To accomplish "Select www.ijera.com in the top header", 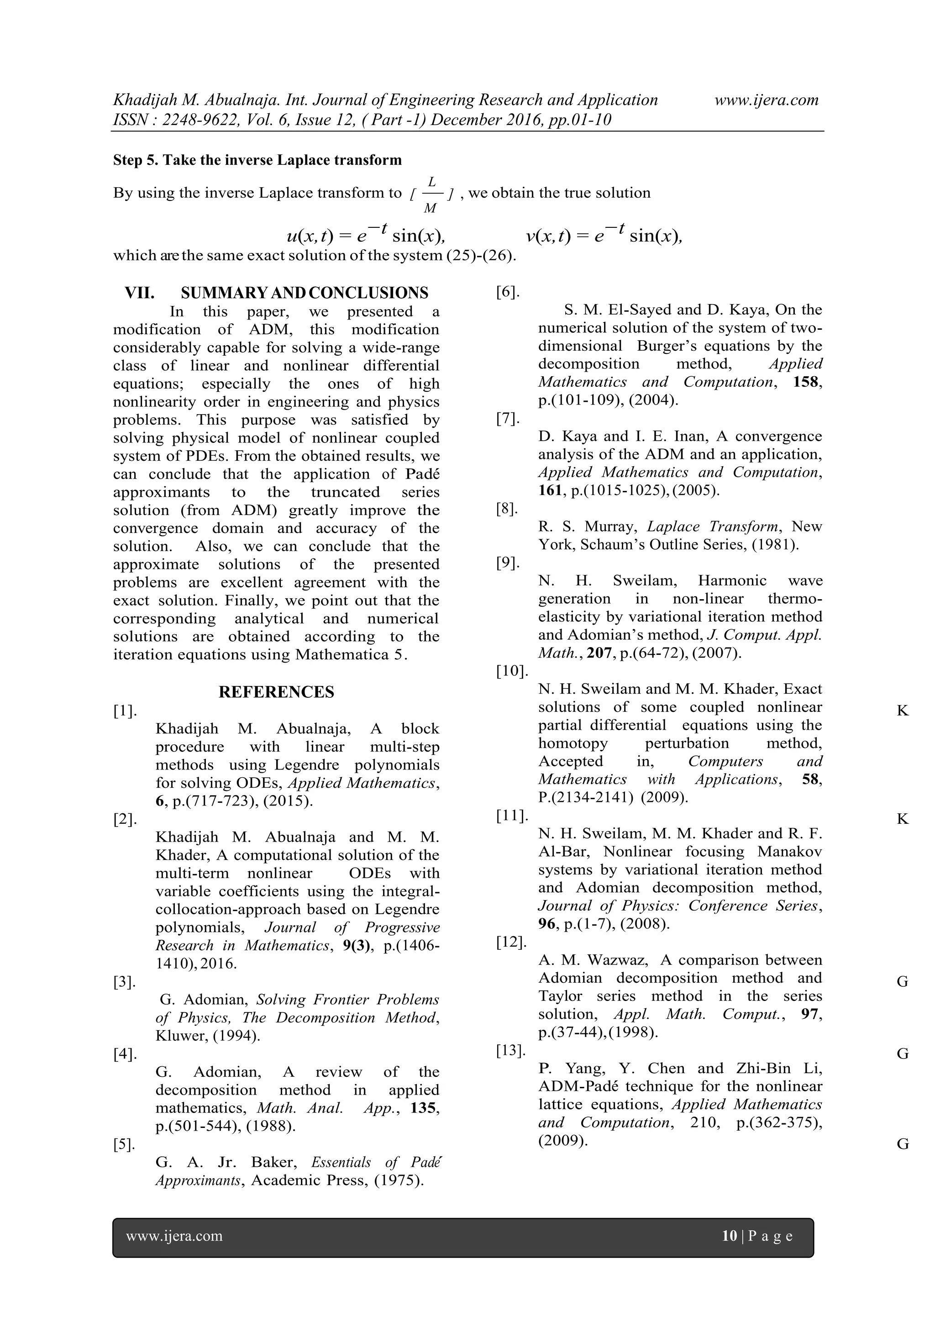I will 767,100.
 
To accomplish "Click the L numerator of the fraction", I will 432,181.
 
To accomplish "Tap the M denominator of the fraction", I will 430,208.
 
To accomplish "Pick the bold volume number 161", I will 549,490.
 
